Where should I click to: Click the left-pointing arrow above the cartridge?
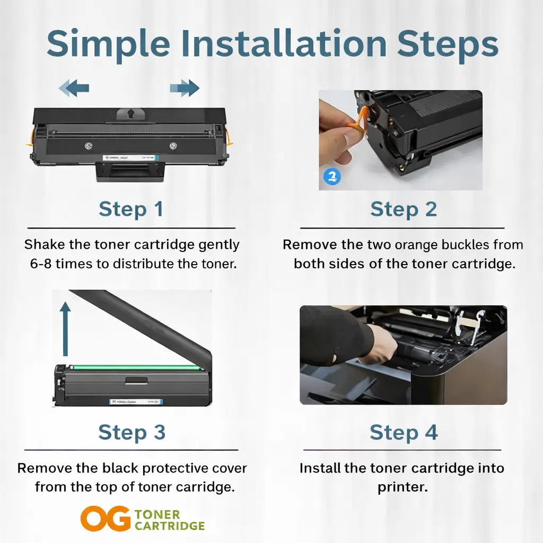(x=74, y=88)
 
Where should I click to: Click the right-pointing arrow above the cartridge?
(x=185, y=88)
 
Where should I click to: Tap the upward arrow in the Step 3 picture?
(x=65, y=329)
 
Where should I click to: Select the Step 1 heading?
(x=131, y=209)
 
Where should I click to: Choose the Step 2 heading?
(x=404, y=209)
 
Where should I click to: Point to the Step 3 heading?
(x=132, y=432)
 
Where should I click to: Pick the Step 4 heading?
(x=404, y=432)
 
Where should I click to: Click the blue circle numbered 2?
(x=332, y=176)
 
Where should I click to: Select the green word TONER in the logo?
(x=157, y=514)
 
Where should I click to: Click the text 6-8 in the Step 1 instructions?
(x=40, y=263)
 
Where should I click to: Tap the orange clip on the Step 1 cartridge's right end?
(x=229, y=137)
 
